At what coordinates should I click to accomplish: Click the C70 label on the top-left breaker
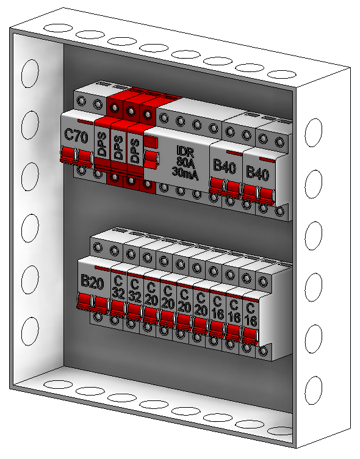[76, 136]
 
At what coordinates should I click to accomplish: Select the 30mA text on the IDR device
[185, 173]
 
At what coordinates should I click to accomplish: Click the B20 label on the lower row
[92, 282]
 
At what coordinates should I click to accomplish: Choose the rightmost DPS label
[135, 151]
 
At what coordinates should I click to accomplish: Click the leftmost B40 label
[225, 166]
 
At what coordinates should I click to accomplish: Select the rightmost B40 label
[257, 173]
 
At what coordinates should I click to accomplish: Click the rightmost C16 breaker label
[251, 316]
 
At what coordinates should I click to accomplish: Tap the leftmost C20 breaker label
[151, 294]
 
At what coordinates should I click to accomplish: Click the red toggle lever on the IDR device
[151, 159]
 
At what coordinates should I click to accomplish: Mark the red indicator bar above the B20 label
[102, 269]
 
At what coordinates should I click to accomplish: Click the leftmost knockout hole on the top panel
[58, 28]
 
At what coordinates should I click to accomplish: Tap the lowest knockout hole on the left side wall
[30, 331]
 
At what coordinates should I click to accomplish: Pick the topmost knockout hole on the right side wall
[314, 132]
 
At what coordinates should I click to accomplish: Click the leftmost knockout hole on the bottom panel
[58, 385]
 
